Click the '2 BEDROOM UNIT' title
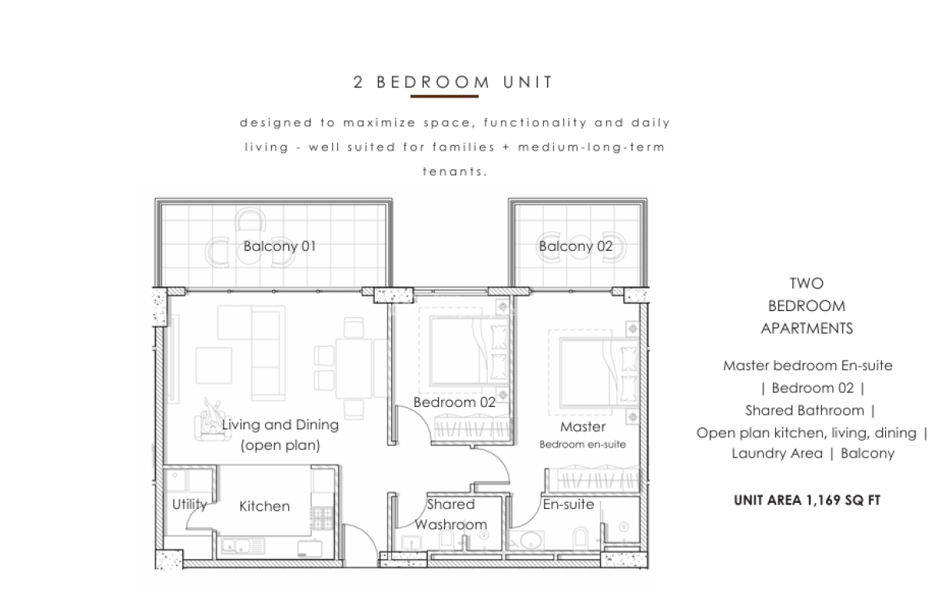click(453, 82)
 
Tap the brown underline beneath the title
click(444, 97)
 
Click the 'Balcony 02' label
click(576, 246)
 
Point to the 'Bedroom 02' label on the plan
click(454, 403)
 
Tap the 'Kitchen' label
click(264, 507)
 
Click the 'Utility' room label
click(189, 504)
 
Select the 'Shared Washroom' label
click(451, 515)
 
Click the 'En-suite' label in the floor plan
click(568, 504)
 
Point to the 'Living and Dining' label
click(280, 426)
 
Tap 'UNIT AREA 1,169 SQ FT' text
click(807, 501)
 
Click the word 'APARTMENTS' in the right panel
click(806, 328)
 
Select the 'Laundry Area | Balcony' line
click(813, 453)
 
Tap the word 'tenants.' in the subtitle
click(454, 172)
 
